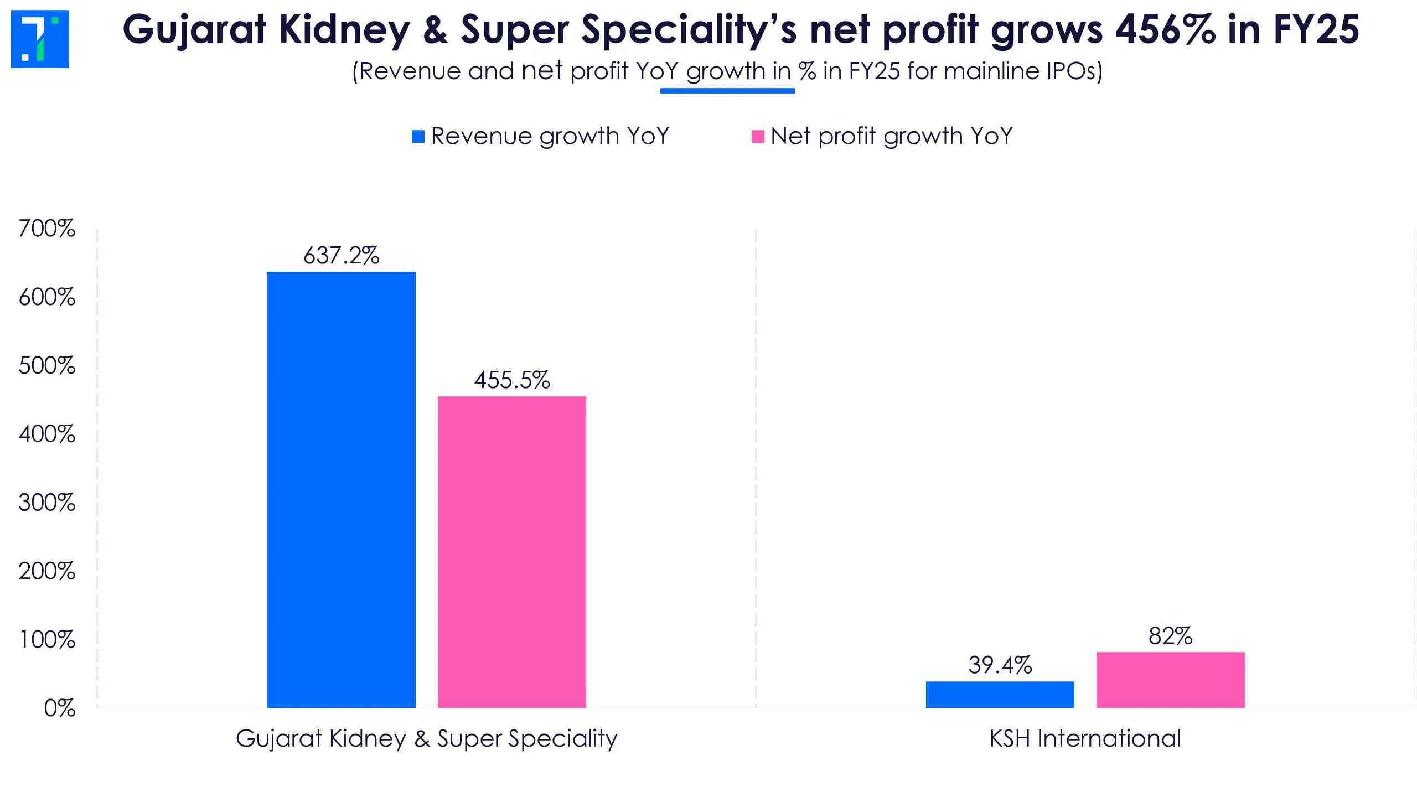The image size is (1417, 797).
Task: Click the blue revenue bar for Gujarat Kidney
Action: pyautogui.click(x=341, y=490)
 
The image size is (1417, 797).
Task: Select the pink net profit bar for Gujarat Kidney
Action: pyautogui.click(x=511, y=552)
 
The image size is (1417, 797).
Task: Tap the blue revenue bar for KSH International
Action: pyautogui.click(x=1000, y=695)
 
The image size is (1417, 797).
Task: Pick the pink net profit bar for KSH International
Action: pyautogui.click(x=1170, y=680)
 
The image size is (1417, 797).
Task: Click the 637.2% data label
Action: pyautogui.click(x=342, y=256)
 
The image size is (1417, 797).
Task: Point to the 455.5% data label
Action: pyautogui.click(x=512, y=380)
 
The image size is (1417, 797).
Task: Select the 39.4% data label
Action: pyautogui.click(x=1000, y=665)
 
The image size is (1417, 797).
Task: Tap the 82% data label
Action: pyautogui.click(x=1170, y=636)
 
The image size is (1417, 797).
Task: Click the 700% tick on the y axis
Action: pyautogui.click(x=47, y=229)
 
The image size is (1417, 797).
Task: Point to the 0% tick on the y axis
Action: pyautogui.click(x=59, y=708)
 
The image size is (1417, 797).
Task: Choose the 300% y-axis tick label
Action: pyautogui.click(x=47, y=503)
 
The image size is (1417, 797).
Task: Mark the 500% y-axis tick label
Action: pyautogui.click(x=47, y=366)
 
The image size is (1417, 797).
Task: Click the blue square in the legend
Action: pyautogui.click(x=418, y=137)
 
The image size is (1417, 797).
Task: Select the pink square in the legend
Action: pyautogui.click(x=758, y=137)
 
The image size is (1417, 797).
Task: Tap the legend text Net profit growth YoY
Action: pyautogui.click(x=891, y=136)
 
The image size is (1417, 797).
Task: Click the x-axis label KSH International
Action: pyautogui.click(x=1085, y=739)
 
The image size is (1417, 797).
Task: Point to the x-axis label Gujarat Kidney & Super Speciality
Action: pyautogui.click(x=426, y=739)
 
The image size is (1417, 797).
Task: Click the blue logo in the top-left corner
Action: pyautogui.click(x=40, y=39)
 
